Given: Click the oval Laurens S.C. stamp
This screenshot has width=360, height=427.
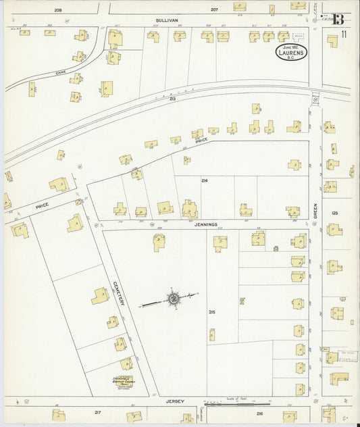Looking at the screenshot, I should (x=292, y=51).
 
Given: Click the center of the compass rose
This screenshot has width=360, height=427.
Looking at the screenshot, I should (x=173, y=297).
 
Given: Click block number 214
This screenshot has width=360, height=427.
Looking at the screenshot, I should (x=203, y=181).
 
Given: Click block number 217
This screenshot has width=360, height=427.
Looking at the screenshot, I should (x=97, y=411).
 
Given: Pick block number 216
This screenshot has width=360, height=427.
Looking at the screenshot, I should (x=259, y=412).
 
